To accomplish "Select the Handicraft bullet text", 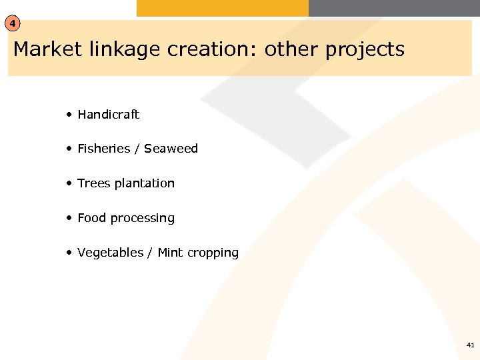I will click(108, 115).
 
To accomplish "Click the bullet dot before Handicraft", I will click(69, 115).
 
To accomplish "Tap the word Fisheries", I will click(103, 149).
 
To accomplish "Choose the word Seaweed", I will click(171, 149).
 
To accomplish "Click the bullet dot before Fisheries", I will click(69, 149).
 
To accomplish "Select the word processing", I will click(143, 219).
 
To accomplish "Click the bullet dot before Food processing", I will click(69, 218).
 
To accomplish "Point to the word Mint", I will click(170, 253).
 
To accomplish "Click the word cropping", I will click(213, 253).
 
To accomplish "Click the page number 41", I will click(471, 345).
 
